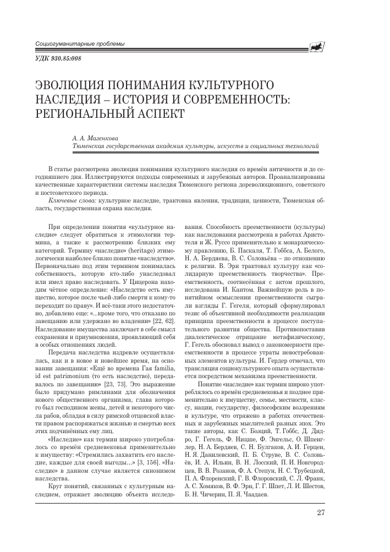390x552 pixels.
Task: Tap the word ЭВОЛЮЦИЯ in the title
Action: pyautogui.click(x=70, y=86)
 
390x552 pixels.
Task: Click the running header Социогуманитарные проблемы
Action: pyautogui.click(x=79, y=44)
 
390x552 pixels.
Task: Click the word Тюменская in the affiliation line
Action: pyautogui.click(x=91, y=147)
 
